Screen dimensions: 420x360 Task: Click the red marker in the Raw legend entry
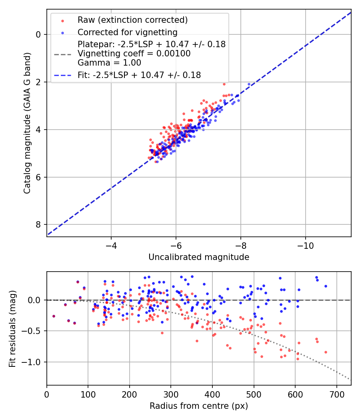coord(62,20)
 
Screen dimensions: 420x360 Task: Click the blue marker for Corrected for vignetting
coord(62,32)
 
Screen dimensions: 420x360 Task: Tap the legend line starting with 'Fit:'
coord(139,75)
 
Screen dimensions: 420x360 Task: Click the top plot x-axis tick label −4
coord(111,244)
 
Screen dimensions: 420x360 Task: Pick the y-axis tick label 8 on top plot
coord(38,224)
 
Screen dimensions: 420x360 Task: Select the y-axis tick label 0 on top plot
coord(38,34)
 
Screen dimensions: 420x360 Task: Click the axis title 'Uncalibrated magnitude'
coord(199,257)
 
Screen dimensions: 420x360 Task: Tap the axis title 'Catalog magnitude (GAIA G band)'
coord(27,129)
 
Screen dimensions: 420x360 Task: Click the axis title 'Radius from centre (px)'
coord(199,406)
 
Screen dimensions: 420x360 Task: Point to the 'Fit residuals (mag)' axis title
coord(12,329)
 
